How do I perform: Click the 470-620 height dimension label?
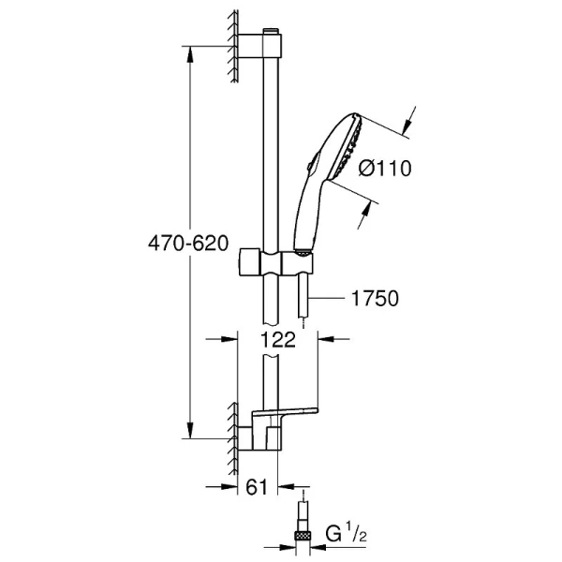tap(187, 244)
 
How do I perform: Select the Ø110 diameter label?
tap(386, 169)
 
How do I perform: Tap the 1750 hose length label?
tap(375, 299)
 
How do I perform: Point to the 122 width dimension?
tap(278, 341)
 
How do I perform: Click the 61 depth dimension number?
tap(261, 487)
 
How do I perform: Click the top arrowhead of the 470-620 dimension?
tap(193, 52)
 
